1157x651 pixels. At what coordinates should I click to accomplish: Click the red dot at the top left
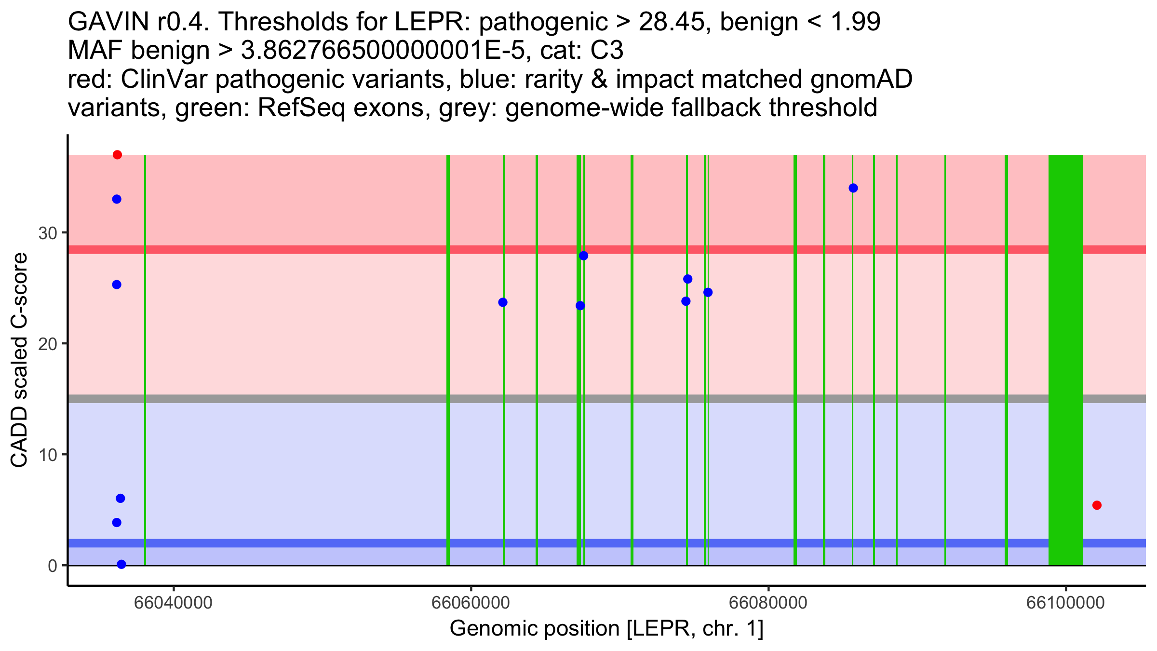(x=117, y=155)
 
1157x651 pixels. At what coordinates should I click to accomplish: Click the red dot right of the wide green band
(x=1097, y=505)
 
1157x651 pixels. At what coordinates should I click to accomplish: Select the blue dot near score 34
(x=853, y=188)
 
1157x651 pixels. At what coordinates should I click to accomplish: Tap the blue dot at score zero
(x=121, y=564)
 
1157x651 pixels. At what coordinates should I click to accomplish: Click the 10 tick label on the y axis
(x=47, y=455)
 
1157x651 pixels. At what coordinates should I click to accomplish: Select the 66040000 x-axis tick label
(x=173, y=603)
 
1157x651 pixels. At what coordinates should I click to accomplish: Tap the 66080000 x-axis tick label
(x=768, y=603)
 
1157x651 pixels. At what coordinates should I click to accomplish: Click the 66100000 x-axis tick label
(x=1065, y=603)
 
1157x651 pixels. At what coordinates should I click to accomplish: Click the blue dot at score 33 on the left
(x=117, y=199)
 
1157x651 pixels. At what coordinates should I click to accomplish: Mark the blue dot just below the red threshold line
(x=583, y=256)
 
